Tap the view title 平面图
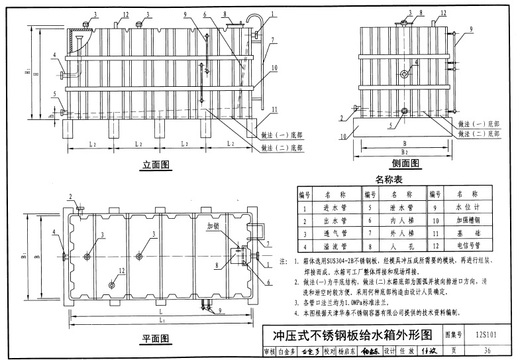156,339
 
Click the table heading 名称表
389,180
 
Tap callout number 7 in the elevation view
272,40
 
